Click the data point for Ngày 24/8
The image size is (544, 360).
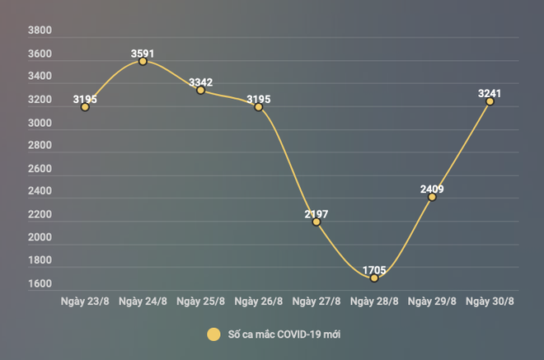(x=143, y=61)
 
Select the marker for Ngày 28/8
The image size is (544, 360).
(x=374, y=278)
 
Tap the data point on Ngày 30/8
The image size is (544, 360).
(x=490, y=101)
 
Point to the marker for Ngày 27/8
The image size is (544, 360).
(x=317, y=222)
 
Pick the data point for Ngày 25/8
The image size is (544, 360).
(x=200, y=90)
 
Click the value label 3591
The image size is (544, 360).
(x=143, y=54)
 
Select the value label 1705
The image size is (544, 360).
(x=374, y=269)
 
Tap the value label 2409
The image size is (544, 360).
(x=432, y=189)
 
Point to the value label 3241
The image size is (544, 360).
(x=490, y=94)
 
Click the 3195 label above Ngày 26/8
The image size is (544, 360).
(x=259, y=100)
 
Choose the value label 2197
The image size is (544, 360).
(x=317, y=214)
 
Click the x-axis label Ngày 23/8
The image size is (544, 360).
(x=85, y=301)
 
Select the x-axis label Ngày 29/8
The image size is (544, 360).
(x=432, y=301)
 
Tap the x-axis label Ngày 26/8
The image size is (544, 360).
(x=259, y=301)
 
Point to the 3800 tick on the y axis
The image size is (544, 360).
(x=40, y=31)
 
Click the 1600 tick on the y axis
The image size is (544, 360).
(x=40, y=284)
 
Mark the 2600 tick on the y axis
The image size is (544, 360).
(x=40, y=169)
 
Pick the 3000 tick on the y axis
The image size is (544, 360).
(x=40, y=123)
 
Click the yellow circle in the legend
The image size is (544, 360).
(x=214, y=334)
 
